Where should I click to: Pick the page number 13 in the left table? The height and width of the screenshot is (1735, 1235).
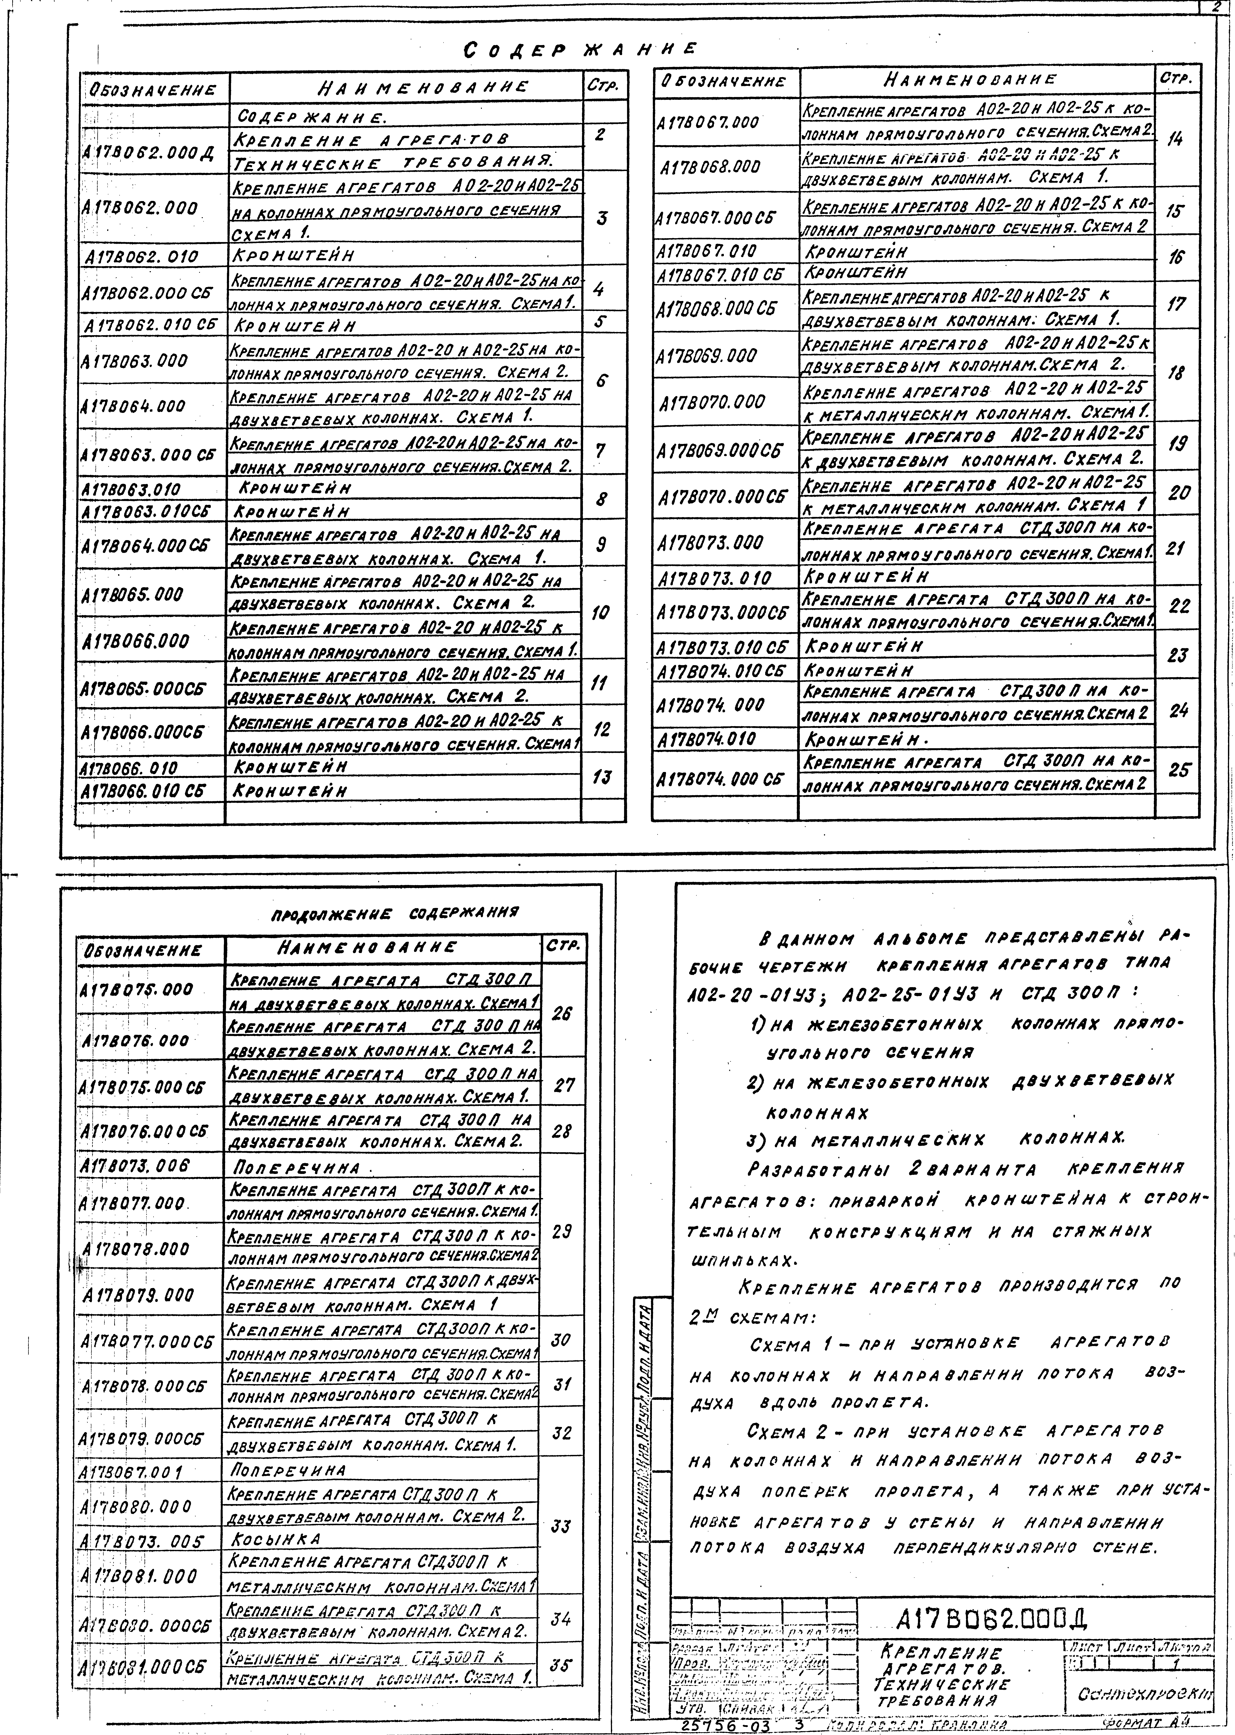click(x=601, y=777)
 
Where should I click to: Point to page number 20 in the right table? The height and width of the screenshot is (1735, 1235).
click(x=1179, y=493)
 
